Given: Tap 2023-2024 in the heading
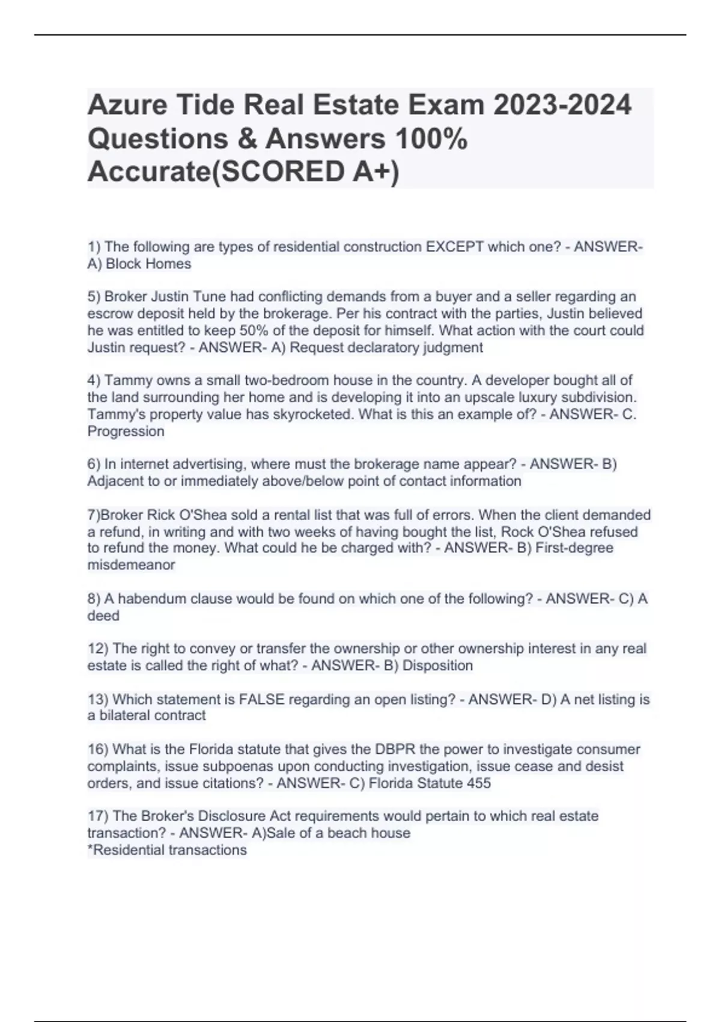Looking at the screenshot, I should [562, 106].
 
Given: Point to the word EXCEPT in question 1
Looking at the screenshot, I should [454, 247].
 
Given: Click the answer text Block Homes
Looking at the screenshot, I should [148, 264].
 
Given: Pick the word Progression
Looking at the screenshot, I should [126, 432].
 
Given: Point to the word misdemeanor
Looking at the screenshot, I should [131, 565].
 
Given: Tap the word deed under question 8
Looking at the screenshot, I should [103, 616].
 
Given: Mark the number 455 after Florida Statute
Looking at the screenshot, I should [479, 783].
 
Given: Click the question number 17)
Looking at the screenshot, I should [98, 816].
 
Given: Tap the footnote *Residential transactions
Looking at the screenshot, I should [167, 850].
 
